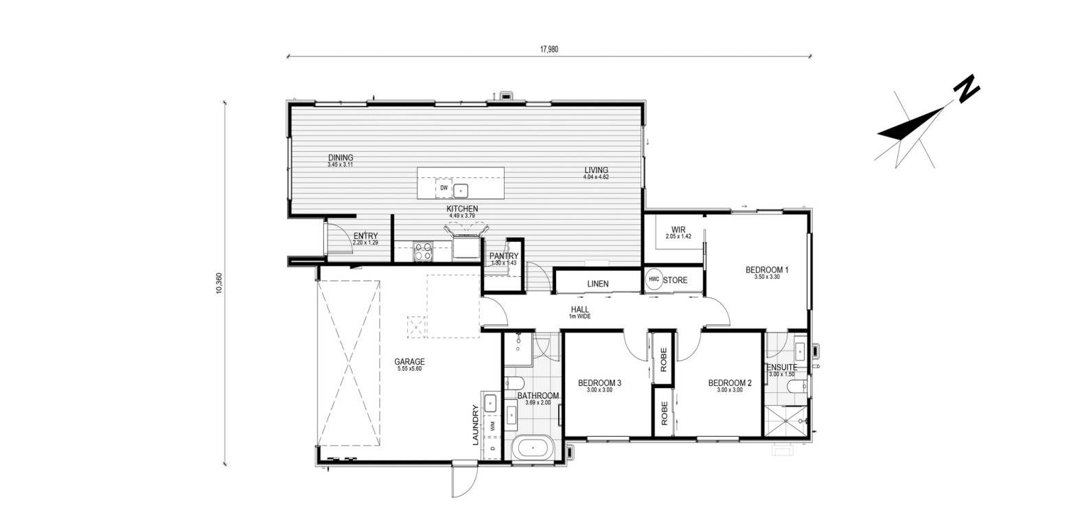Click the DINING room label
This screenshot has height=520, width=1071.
tap(341, 157)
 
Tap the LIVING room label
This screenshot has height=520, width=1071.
tap(596, 170)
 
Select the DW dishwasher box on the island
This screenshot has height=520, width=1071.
tap(444, 188)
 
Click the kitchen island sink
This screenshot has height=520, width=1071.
tap(461, 191)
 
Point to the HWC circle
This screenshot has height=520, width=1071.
tap(654, 280)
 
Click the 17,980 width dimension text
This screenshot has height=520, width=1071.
tap(549, 49)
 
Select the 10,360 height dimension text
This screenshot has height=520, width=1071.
tap(220, 283)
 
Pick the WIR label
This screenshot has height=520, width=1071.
tap(678, 229)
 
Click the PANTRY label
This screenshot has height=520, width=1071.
tap(504, 256)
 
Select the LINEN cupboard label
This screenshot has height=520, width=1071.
tap(598, 284)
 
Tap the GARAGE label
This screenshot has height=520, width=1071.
tap(409, 361)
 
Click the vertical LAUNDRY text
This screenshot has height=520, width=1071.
tap(475, 425)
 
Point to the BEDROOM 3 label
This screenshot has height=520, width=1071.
tap(599, 383)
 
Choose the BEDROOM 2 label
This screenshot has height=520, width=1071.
tap(730, 383)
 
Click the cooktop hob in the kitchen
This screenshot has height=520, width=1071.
tap(423, 251)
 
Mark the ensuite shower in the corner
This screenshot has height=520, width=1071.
tap(785, 421)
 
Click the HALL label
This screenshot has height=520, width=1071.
tap(579, 310)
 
